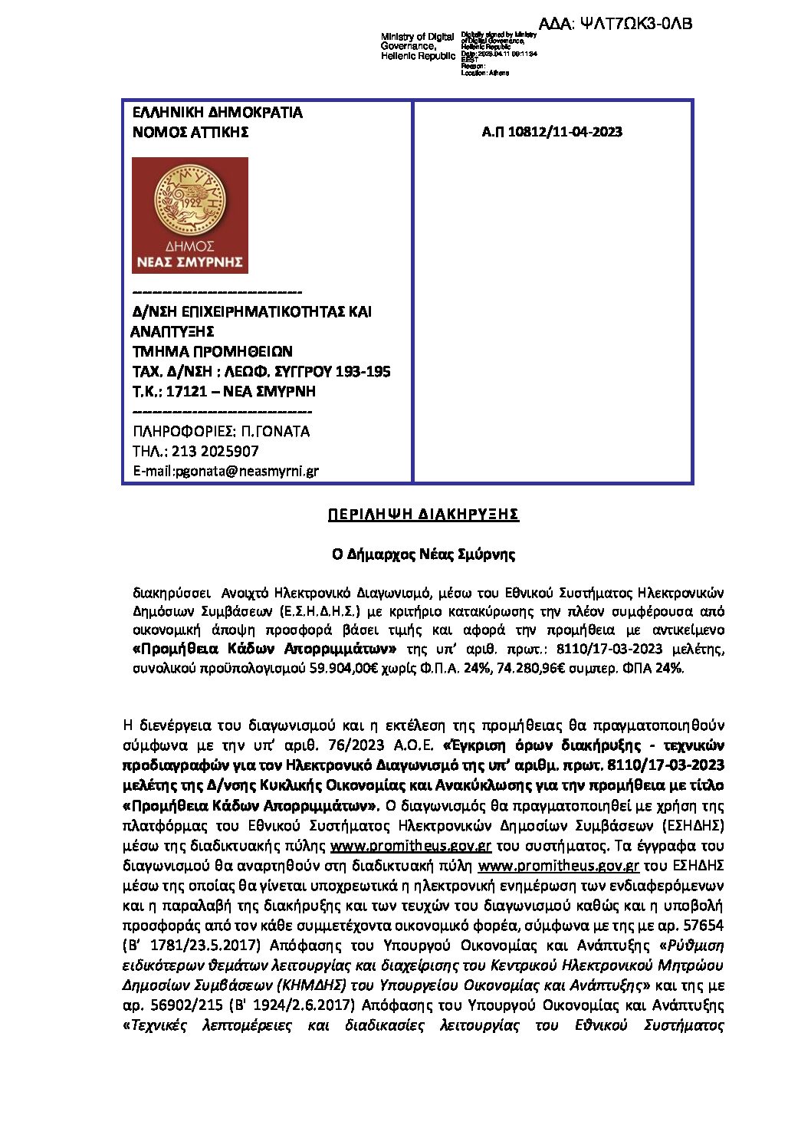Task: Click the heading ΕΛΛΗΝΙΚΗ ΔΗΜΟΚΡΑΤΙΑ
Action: coord(218,113)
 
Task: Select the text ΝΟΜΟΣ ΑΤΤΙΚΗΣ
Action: coord(191,132)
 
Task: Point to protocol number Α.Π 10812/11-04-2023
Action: coord(552,132)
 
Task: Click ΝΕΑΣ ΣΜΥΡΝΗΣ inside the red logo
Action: coord(190,262)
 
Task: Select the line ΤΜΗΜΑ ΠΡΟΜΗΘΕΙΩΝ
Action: coord(212,352)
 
